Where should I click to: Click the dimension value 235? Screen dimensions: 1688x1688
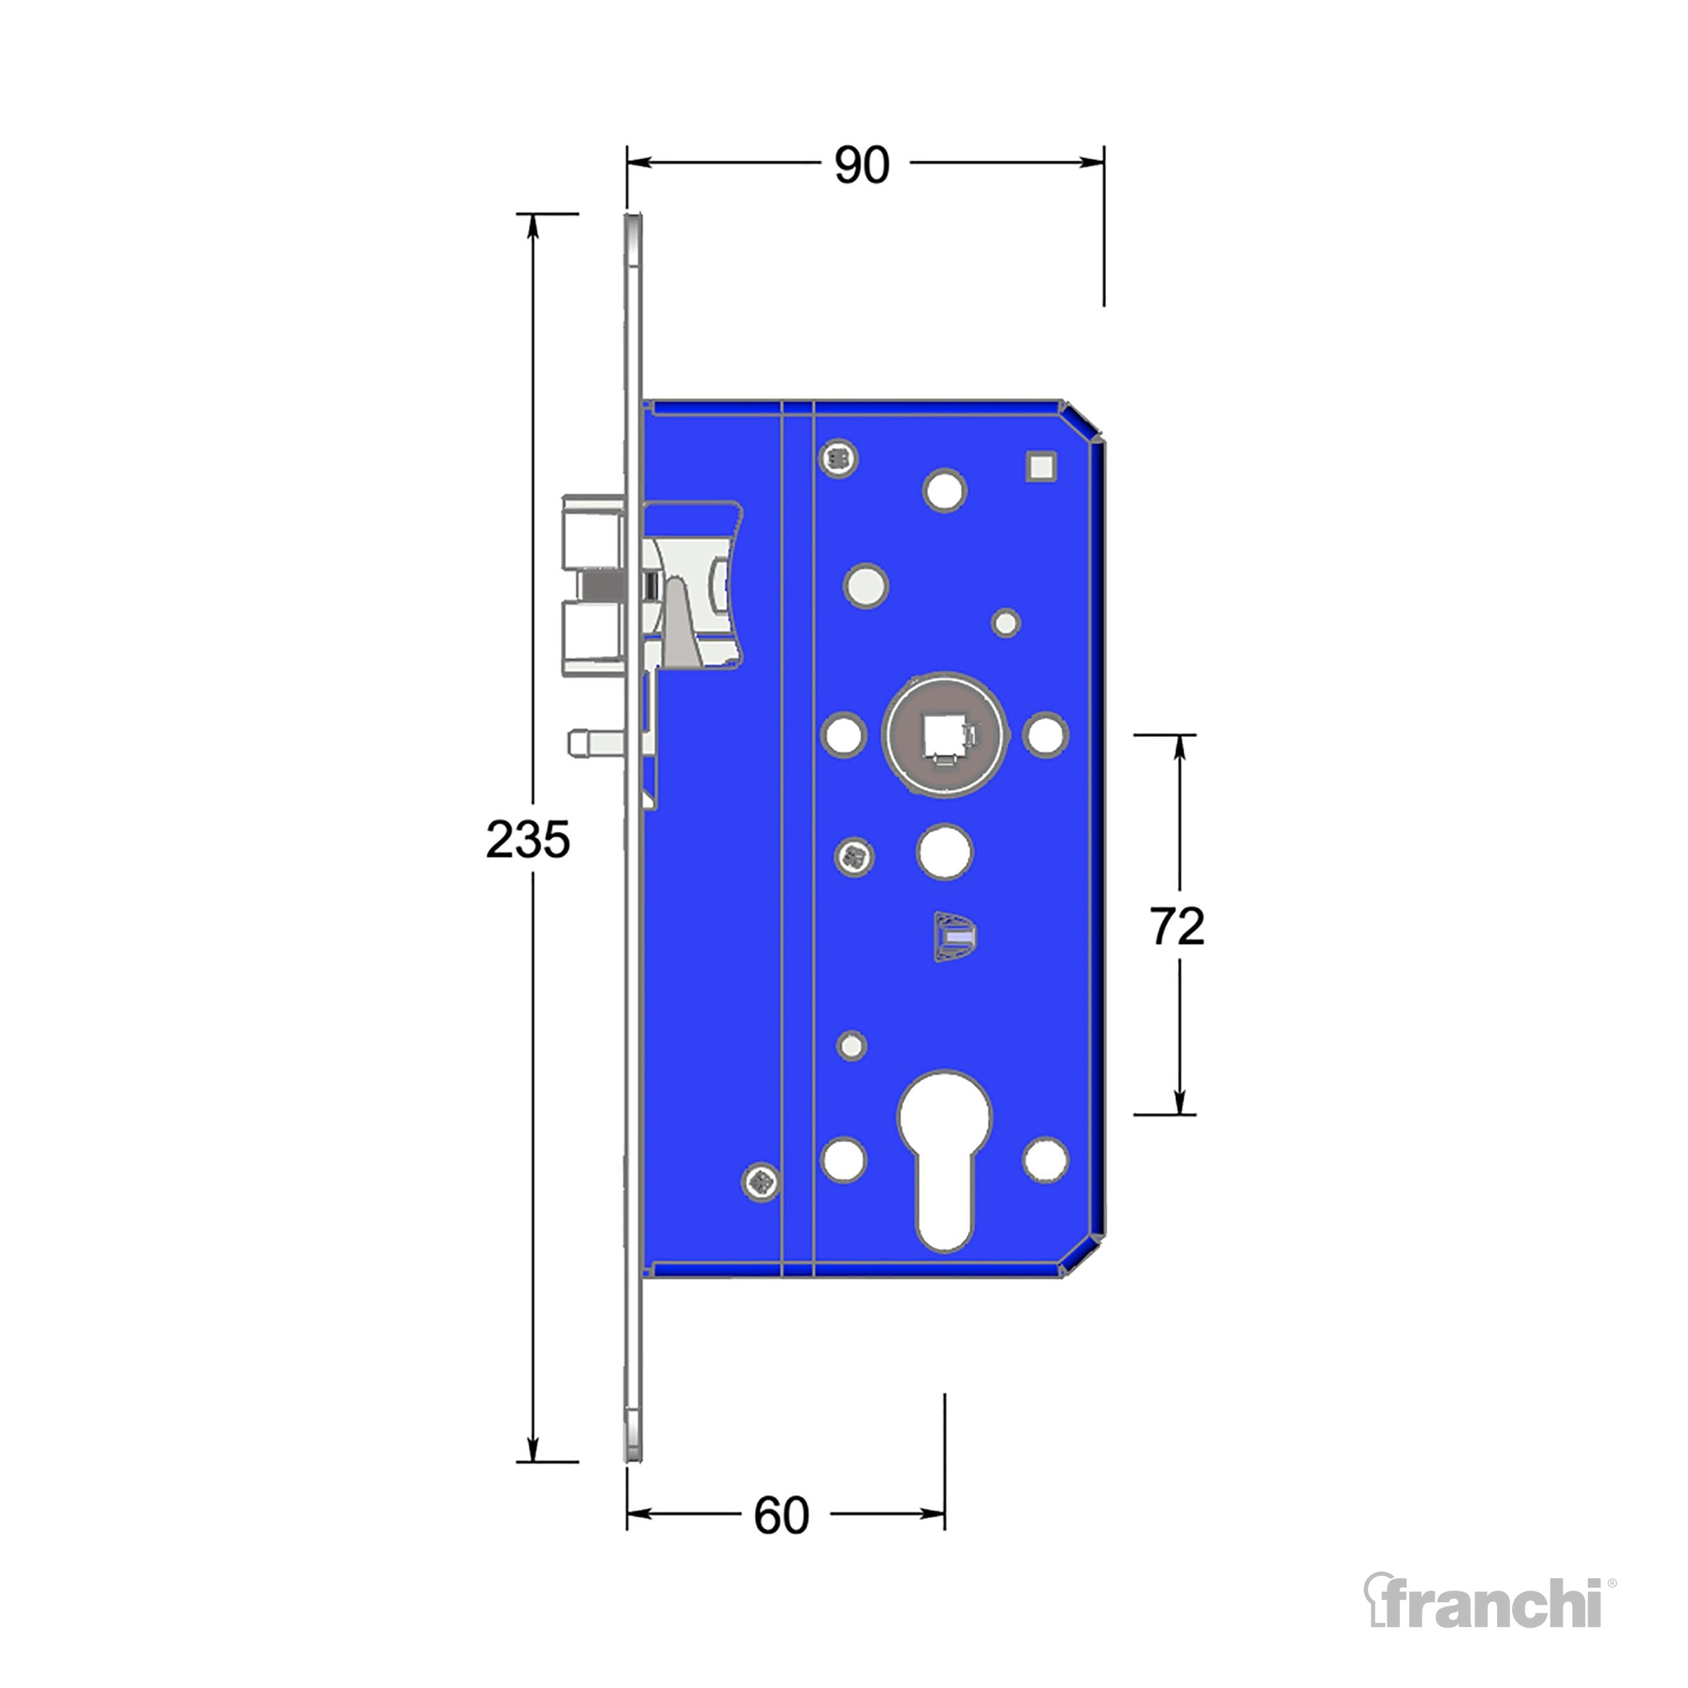528,839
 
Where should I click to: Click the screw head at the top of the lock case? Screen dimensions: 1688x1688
839,457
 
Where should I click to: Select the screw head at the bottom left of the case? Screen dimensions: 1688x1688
761,1183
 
